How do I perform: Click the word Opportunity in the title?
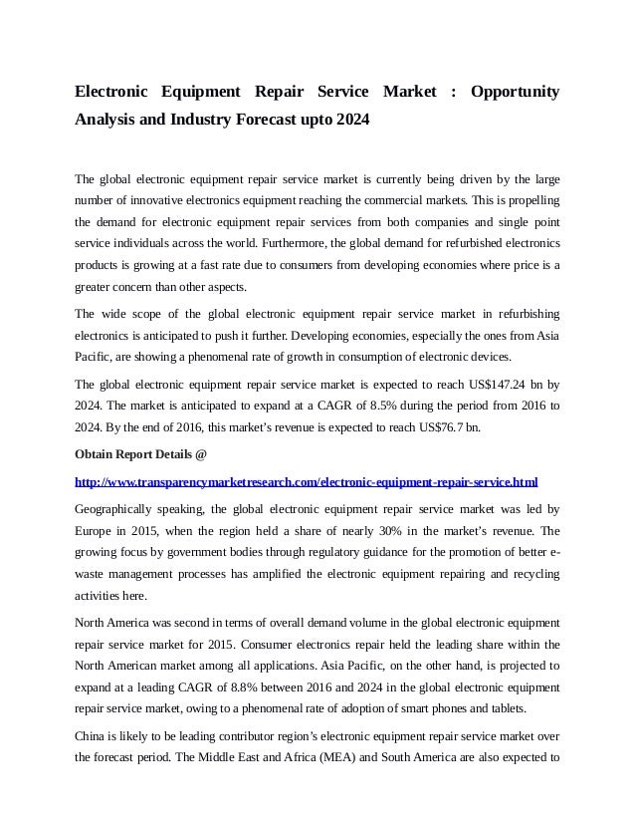click(x=515, y=93)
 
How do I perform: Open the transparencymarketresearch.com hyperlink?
click(x=307, y=482)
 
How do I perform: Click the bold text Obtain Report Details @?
click(x=141, y=455)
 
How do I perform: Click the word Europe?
click(x=96, y=530)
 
